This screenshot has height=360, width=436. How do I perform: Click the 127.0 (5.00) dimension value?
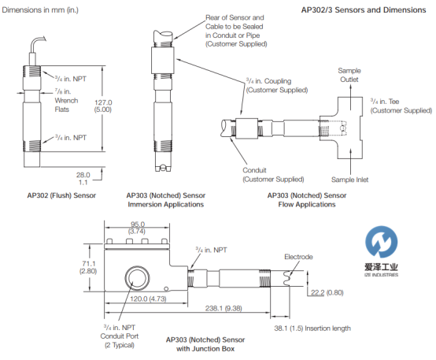tap(103, 106)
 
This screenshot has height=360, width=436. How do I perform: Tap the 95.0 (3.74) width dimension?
tap(137, 228)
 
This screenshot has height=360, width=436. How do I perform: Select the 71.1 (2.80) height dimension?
tap(88, 267)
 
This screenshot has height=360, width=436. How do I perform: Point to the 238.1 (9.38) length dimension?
tap(224, 308)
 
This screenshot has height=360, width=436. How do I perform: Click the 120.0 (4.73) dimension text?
tap(148, 299)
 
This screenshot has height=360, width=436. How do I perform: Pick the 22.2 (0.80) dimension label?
tap(327, 292)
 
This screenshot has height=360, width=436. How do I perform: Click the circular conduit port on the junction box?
tap(137, 278)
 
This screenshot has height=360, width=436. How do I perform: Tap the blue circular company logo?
tap(381, 242)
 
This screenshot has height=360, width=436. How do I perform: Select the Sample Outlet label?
tap(349, 75)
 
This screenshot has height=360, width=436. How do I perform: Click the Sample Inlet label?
tap(349, 180)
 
